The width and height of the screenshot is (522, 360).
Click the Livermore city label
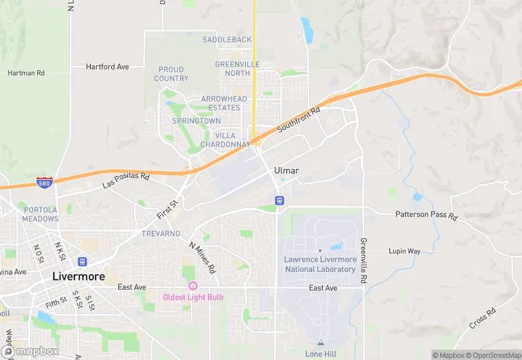pyautogui.click(x=79, y=277)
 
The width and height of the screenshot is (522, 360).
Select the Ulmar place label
pyautogui.click(x=286, y=170)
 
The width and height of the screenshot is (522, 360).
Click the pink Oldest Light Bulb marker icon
pyautogui.click(x=192, y=286)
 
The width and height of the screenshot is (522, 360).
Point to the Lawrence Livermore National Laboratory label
pyautogui.click(x=320, y=264)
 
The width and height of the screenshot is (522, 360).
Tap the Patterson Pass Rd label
pyautogui.click(x=426, y=215)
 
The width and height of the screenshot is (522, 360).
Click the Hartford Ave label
pyautogui.click(x=107, y=67)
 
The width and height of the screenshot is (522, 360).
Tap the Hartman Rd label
pyautogui.click(x=26, y=73)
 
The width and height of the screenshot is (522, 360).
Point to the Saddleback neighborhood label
pyautogui.click(x=227, y=40)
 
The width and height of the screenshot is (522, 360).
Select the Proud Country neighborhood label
pyautogui.click(x=171, y=74)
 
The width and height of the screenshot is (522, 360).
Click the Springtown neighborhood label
pyautogui.click(x=196, y=121)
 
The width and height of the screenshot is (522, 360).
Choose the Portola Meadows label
pyautogui.click(x=41, y=214)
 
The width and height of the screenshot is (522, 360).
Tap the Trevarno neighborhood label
pyautogui.click(x=161, y=234)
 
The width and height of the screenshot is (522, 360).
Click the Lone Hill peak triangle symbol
pyautogui.click(x=321, y=342)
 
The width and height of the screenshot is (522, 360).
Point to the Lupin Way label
pyautogui.click(x=405, y=251)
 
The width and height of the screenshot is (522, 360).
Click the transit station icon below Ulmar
pyautogui.click(x=280, y=201)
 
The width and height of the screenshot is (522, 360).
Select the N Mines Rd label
pyautogui.click(x=202, y=256)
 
